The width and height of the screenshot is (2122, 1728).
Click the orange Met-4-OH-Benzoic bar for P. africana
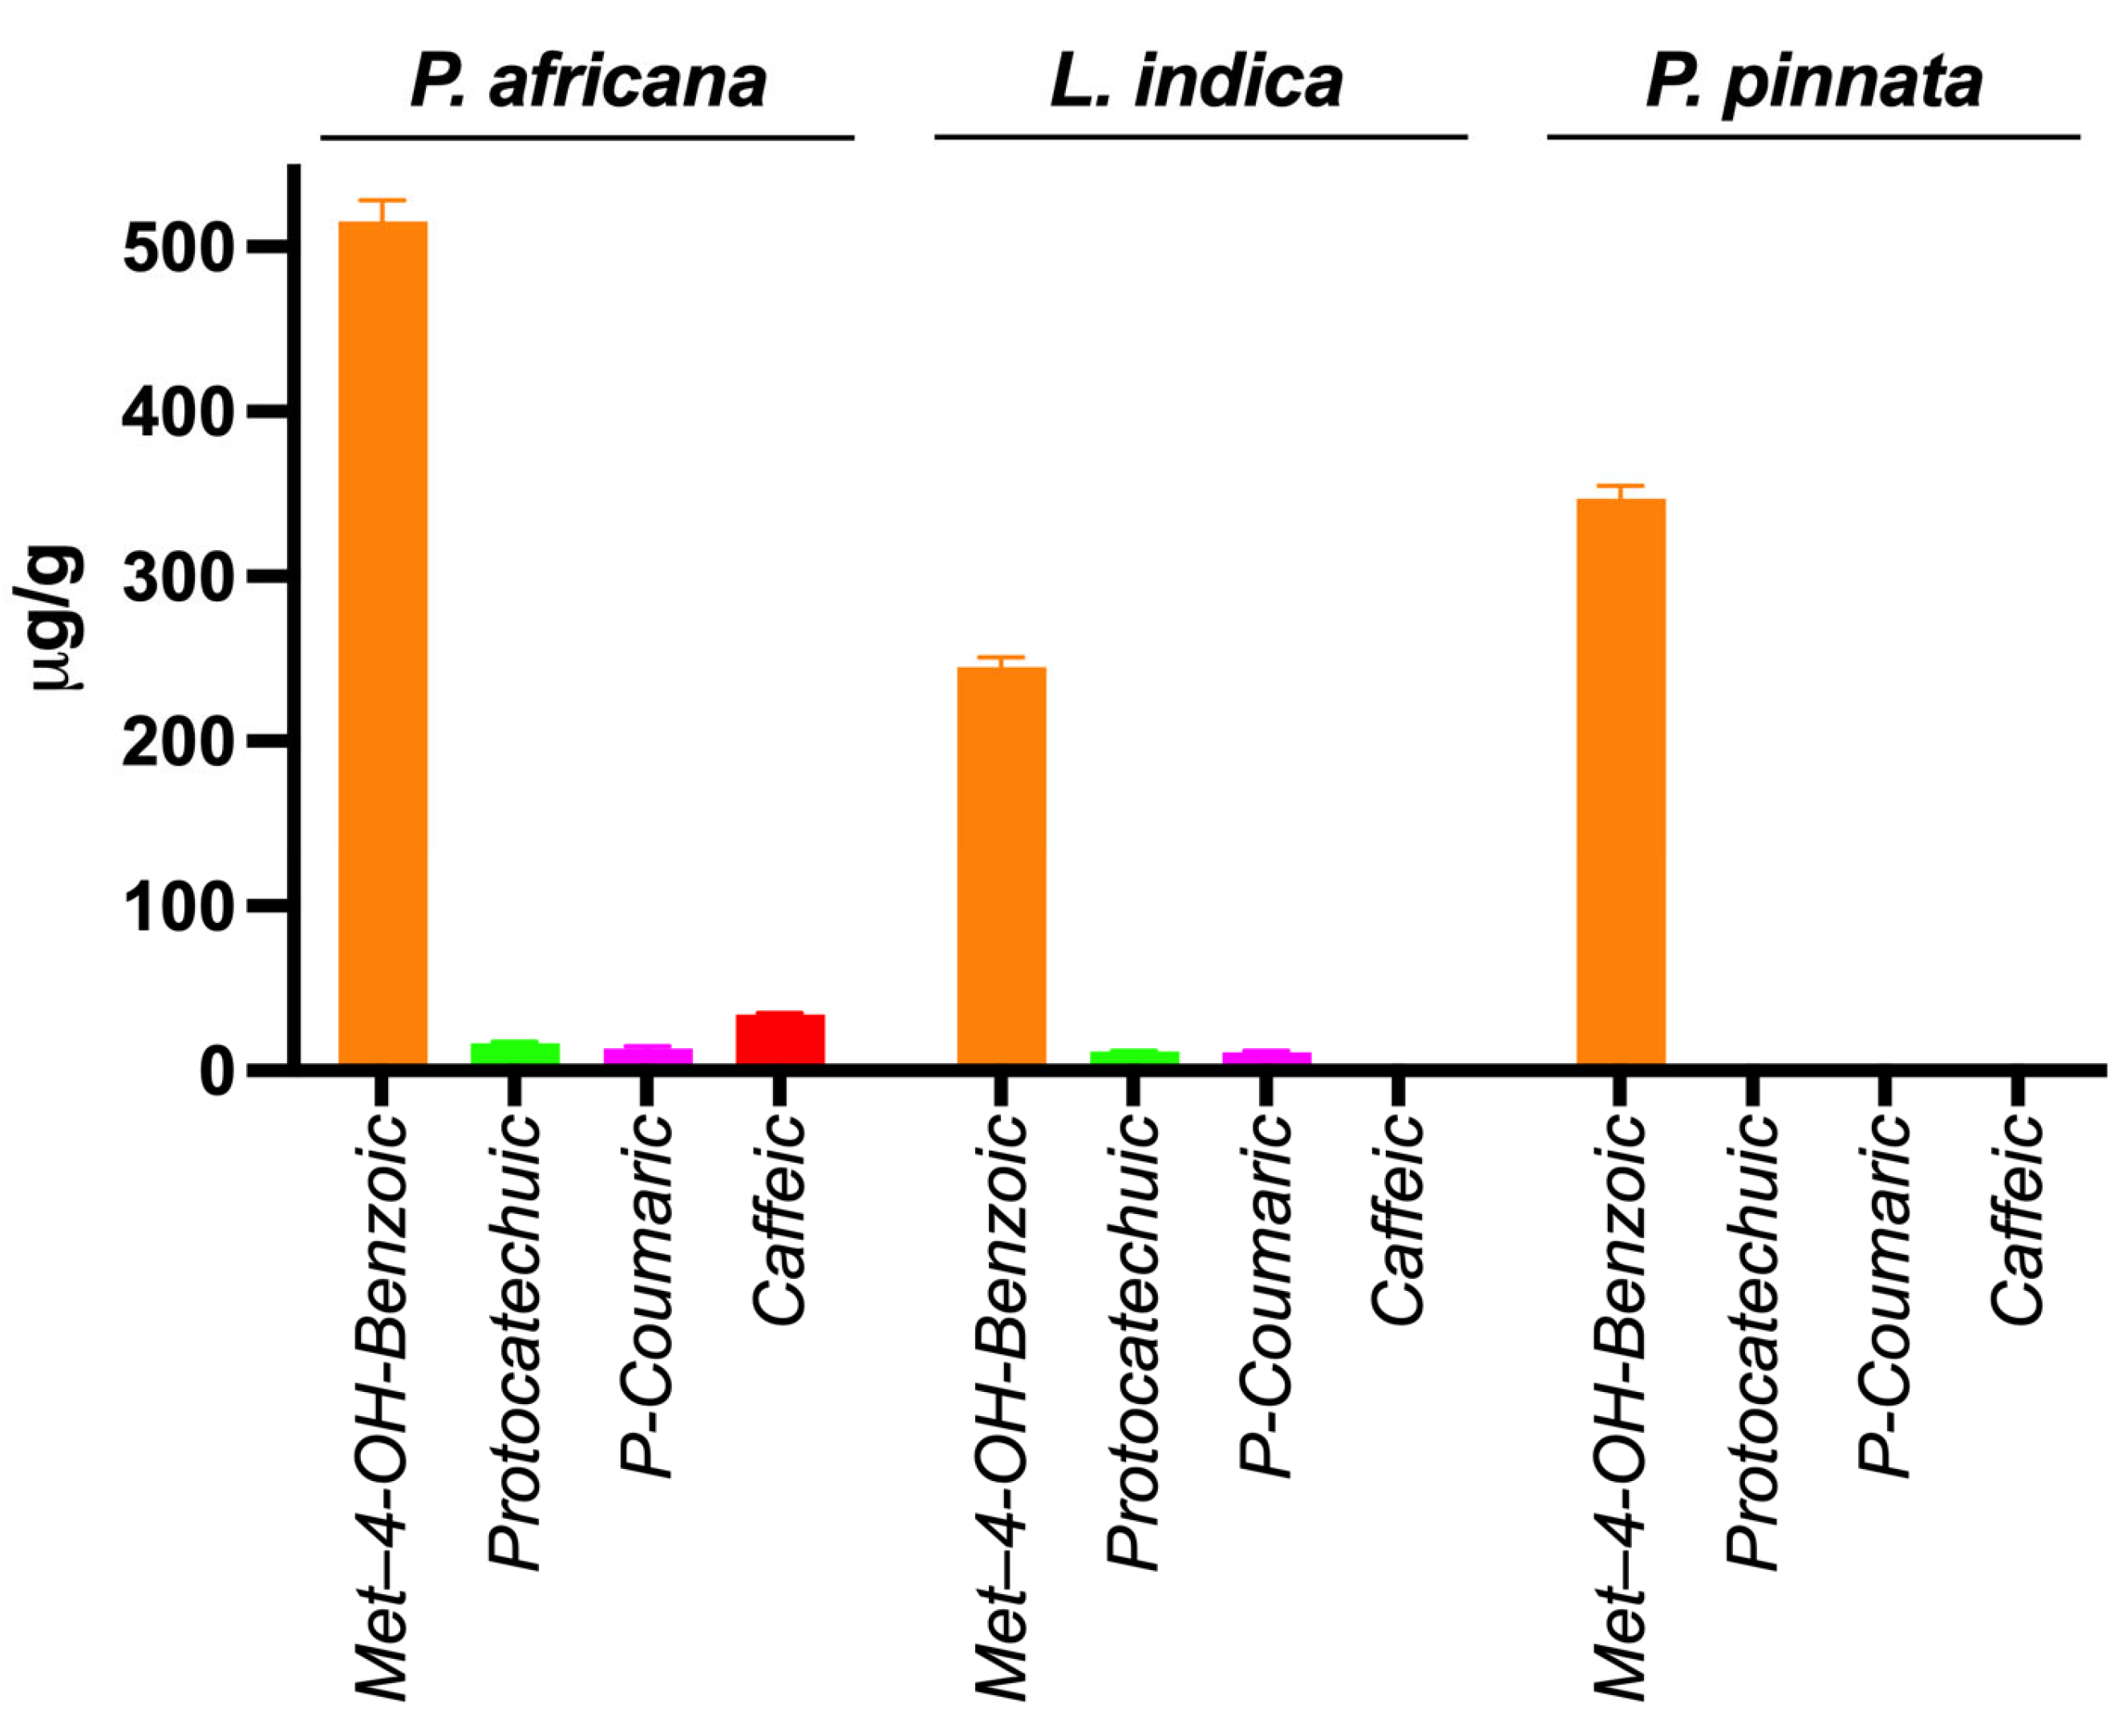click(383, 642)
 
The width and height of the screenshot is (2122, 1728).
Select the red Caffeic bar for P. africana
click(780, 1038)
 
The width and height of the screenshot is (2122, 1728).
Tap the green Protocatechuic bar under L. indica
click(1134, 1056)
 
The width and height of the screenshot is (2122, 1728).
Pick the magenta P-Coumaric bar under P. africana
click(647, 1054)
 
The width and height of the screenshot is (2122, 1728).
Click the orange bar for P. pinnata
click(1620, 781)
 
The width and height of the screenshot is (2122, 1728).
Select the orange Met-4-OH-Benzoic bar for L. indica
click(1002, 866)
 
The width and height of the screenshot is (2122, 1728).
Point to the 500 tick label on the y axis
click(177, 248)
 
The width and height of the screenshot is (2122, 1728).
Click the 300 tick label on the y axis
click(177, 577)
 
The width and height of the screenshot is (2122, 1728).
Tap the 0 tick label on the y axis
click(216, 1072)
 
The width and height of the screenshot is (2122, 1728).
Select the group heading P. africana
click(587, 82)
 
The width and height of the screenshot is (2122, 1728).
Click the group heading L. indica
click(1197, 82)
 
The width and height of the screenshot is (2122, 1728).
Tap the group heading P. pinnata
click(1813, 82)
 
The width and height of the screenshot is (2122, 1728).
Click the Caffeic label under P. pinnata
click(2016, 1220)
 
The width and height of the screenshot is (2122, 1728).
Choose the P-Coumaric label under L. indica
click(1265, 1294)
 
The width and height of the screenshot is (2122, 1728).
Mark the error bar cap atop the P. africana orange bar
click(383, 201)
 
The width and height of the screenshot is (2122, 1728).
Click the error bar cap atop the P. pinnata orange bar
click(1620, 486)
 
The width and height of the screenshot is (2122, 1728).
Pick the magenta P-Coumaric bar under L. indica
click(1266, 1056)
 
